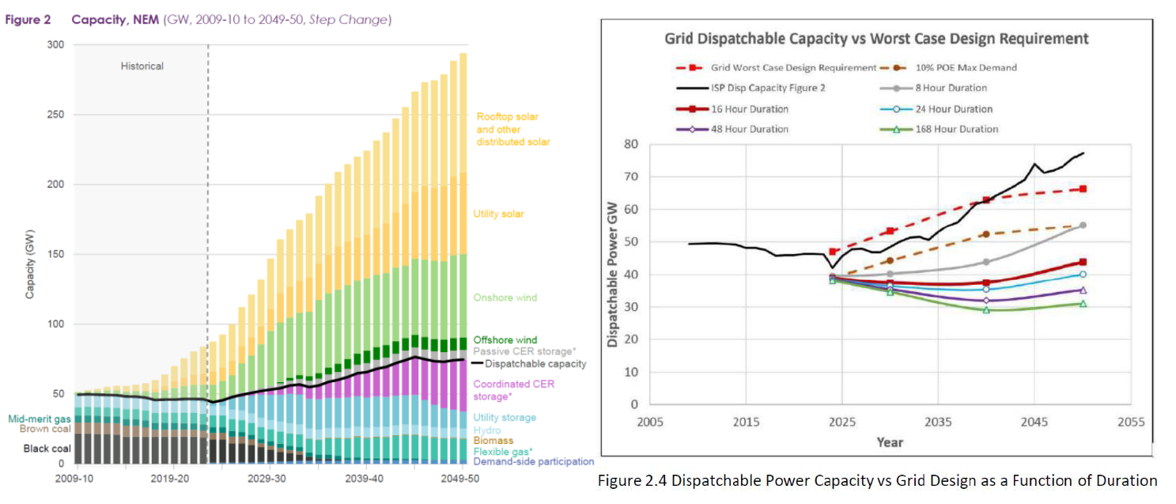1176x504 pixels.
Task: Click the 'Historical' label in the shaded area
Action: [x=142, y=66]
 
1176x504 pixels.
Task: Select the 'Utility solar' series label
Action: [x=498, y=214]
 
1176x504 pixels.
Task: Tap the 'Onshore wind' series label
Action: [x=505, y=298]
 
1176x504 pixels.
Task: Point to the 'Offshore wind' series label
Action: [x=505, y=340]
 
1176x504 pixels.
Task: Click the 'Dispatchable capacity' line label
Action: [x=535, y=364]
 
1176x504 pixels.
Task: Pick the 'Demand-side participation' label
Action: [x=533, y=461]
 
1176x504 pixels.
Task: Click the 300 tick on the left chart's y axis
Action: [x=55, y=45]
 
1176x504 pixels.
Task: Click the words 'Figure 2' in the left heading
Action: [x=28, y=20]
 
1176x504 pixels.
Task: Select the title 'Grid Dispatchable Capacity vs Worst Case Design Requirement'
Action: [x=876, y=39]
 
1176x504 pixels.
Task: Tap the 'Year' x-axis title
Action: [x=890, y=442]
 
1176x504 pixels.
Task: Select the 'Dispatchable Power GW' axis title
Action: [x=613, y=273]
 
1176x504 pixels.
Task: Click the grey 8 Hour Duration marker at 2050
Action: [x=1083, y=225]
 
